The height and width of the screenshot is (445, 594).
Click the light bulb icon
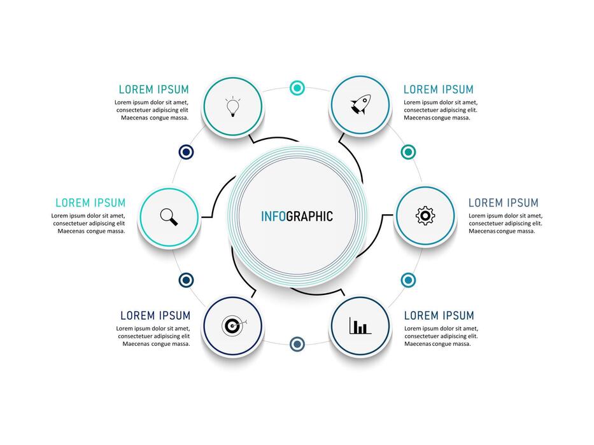(233, 106)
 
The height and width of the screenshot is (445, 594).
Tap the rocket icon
(360, 105)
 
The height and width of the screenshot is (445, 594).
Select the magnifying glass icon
(169, 217)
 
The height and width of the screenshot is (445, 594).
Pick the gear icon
(425, 216)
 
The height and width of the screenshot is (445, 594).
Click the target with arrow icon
(233, 325)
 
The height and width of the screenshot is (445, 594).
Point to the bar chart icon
(360, 327)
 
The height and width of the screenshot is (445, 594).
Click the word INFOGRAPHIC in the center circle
(297, 216)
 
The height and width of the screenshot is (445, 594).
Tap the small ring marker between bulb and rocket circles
(297, 88)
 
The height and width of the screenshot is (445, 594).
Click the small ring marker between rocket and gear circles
(408, 152)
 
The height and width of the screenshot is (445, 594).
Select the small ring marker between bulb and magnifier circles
(186, 152)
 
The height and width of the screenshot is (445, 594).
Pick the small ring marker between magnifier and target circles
(186, 280)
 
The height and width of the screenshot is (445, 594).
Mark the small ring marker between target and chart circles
(297, 344)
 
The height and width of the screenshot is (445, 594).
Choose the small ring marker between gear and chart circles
(408, 280)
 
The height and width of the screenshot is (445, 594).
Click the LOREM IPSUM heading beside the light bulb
(153, 90)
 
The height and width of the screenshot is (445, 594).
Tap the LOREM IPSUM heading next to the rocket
(439, 90)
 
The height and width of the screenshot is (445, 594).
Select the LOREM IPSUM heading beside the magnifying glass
(90, 203)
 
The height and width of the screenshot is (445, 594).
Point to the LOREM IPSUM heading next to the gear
(504, 203)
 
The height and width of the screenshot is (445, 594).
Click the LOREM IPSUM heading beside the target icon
(155, 315)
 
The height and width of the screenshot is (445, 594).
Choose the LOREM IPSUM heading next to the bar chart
(439, 315)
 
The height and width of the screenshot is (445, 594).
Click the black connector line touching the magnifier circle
(207, 217)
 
